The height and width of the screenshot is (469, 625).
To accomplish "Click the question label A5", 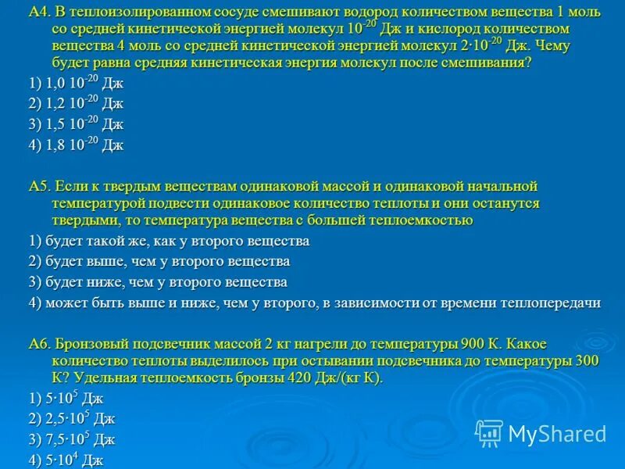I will [x=39, y=186].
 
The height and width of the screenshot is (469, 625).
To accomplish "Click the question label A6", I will [x=39, y=343].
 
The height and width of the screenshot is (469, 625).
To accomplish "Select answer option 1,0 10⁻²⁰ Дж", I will [x=75, y=84].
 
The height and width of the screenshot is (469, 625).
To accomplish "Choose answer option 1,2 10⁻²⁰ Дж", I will [x=75, y=104].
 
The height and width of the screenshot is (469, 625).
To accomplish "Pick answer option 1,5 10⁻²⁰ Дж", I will [x=75, y=124].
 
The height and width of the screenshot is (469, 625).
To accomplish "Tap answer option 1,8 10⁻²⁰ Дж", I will [x=75, y=145].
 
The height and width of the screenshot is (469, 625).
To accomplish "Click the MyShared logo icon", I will [x=489, y=433].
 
